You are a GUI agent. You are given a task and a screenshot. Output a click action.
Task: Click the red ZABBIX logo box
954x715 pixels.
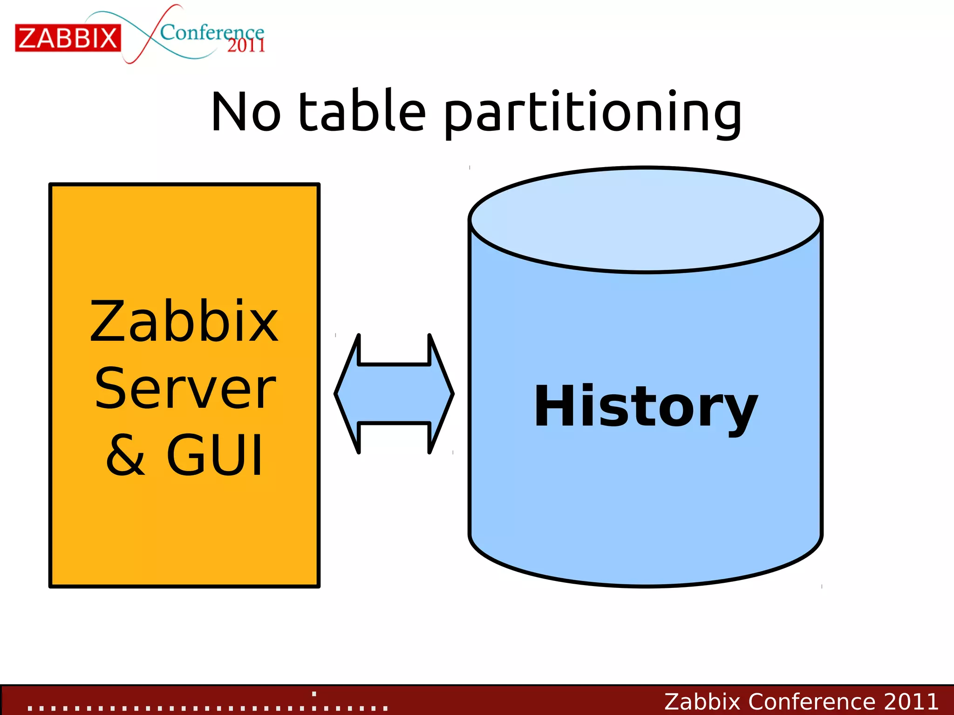coord(68,38)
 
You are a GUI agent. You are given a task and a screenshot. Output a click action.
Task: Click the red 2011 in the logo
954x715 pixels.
coord(246,46)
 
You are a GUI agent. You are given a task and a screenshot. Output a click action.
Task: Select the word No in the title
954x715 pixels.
coord(245,112)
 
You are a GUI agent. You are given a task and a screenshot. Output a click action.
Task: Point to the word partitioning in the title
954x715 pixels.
coord(592,113)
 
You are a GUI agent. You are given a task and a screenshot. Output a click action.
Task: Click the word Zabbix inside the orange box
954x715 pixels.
coord(184,322)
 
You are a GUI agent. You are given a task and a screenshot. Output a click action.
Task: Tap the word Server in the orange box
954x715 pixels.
coord(185,388)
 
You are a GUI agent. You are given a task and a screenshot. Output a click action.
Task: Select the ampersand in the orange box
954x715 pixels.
coord(125,455)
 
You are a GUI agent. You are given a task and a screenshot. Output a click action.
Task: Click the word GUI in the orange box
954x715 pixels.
coord(215,455)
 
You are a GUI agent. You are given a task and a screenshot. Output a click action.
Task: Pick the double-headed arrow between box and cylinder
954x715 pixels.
coord(394,394)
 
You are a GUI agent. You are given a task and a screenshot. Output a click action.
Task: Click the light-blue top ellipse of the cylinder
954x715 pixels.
coord(645,219)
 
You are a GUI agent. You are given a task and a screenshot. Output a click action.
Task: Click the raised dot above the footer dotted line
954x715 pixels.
coord(314,694)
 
